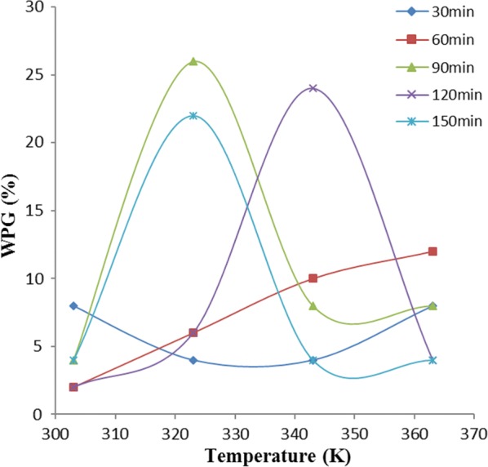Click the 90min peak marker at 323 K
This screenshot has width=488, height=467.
pos(193,61)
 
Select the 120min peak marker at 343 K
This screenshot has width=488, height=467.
pos(313,88)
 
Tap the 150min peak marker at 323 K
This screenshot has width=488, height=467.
pos(193,115)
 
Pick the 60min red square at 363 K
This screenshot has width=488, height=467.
pos(433,251)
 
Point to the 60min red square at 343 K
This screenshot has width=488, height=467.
pos(313,278)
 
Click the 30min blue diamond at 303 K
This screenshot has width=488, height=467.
pos(73,305)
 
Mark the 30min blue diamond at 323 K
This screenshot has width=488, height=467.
pos(193,360)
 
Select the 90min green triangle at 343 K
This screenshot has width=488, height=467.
pos(313,306)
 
